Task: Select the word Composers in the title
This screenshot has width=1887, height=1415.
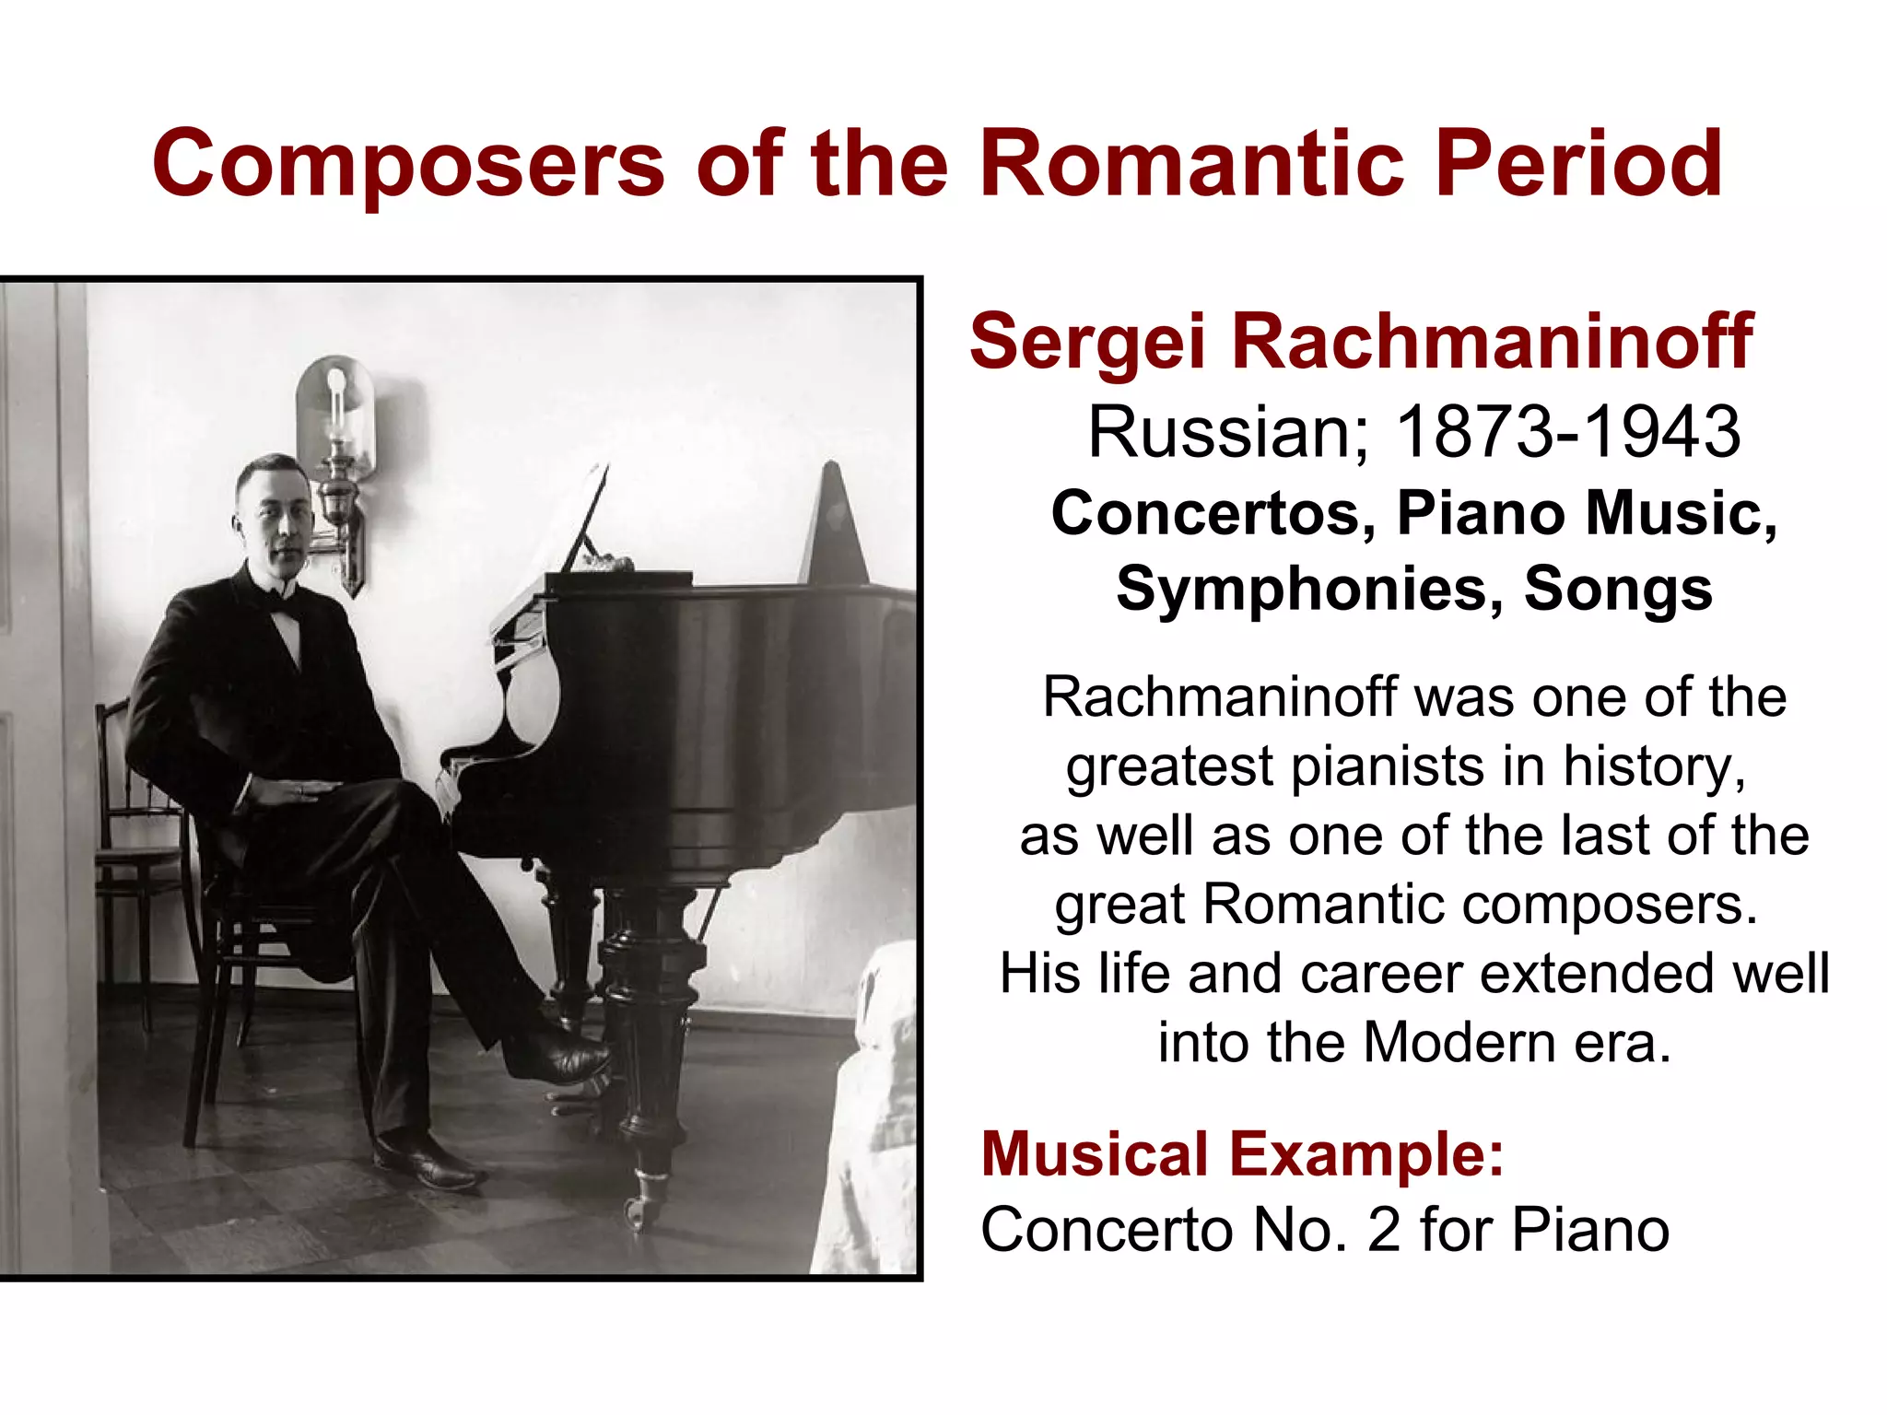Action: pos(408,165)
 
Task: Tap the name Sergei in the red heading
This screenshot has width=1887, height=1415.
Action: pos(1087,342)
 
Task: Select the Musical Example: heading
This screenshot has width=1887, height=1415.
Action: pos(1242,1153)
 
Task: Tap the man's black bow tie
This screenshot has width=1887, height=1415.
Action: pos(284,602)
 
